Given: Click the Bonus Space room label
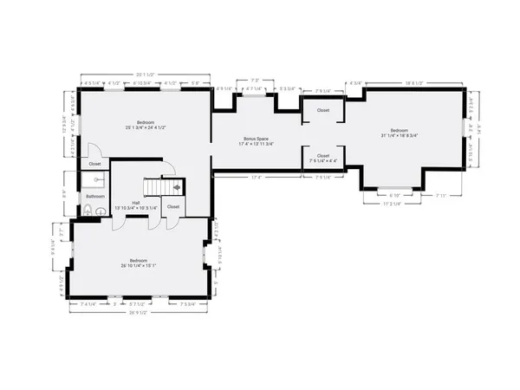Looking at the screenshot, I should (x=256, y=138).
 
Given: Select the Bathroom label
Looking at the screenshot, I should (x=94, y=196).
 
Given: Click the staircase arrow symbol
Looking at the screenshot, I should (x=177, y=185).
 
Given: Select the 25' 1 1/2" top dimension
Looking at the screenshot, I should (x=146, y=75).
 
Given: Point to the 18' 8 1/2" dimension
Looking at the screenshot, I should (x=413, y=82).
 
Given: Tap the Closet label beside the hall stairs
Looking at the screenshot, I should (x=173, y=207).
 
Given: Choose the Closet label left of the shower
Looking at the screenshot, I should (x=94, y=164).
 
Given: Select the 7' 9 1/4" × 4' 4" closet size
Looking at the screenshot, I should (x=322, y=160).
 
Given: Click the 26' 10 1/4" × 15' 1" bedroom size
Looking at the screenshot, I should (x=139, y=265).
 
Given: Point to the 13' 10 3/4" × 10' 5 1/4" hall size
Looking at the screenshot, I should (x=137, y=209).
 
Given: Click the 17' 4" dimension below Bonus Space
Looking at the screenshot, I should (x=257, y=179).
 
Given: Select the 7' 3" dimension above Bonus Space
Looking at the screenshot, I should (x=254, y=81).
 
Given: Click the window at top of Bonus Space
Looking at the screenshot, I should (x=254, y=95).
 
